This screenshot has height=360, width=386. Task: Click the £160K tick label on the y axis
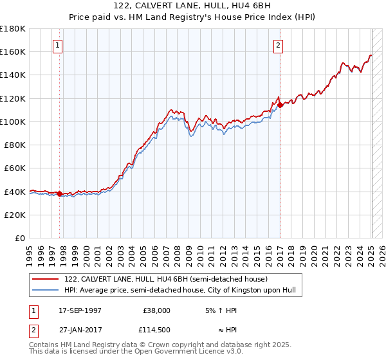14,51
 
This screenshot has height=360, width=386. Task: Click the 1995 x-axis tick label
30,251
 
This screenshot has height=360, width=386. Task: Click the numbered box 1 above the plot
58,45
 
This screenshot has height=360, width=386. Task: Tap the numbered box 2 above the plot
278,45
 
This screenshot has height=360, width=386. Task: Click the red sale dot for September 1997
59,194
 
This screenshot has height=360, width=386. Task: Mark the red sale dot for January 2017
280,105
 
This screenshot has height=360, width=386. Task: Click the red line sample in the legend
46,279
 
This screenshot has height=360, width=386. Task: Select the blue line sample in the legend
46,290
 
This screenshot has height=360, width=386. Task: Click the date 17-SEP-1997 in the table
80,310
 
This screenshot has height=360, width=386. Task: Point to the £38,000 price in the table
157,310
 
